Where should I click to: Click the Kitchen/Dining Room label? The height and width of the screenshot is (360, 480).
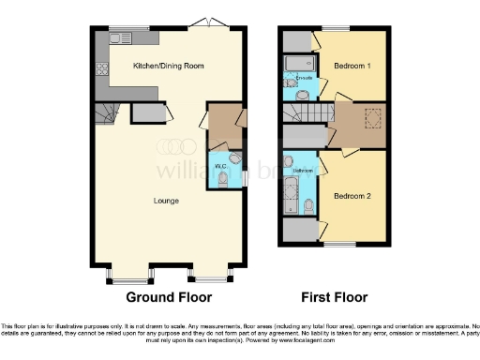[x=169, y=67]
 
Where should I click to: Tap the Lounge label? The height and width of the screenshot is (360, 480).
[x=167, y=201]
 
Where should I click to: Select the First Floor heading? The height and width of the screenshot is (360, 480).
[x=334, y=297]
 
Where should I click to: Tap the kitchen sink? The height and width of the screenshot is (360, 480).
[x=119, y=38]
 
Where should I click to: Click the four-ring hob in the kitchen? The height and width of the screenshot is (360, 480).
[x=101, y=68]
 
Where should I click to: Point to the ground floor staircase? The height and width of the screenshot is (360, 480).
[x=106, y=114]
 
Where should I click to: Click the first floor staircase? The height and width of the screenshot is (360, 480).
[x=310, y=112]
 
